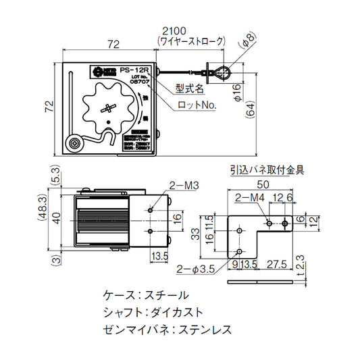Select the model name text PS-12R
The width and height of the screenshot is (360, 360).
pyautogui.click(x=130, y=70)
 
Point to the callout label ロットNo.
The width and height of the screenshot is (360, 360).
pyautogui.click(x=196, y=105)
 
